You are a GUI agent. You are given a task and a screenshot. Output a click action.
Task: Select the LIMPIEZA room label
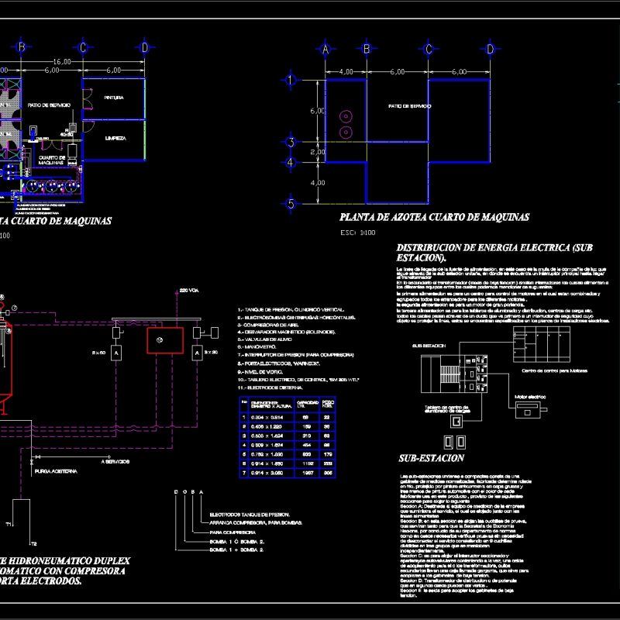point(115,138)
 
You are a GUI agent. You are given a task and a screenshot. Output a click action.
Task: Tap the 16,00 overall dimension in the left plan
point(62,61)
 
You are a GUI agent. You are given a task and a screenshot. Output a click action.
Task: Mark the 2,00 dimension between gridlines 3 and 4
point(318,153)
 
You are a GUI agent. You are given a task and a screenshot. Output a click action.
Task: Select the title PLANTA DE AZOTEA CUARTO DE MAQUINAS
point(434,218)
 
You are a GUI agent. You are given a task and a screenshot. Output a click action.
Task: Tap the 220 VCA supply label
point(189,290)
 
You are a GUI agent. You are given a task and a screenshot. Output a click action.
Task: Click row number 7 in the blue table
point(245,472)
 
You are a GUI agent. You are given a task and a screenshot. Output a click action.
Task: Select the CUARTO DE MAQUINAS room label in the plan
point(52,159)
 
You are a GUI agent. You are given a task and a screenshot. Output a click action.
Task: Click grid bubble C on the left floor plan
point(81,48)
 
